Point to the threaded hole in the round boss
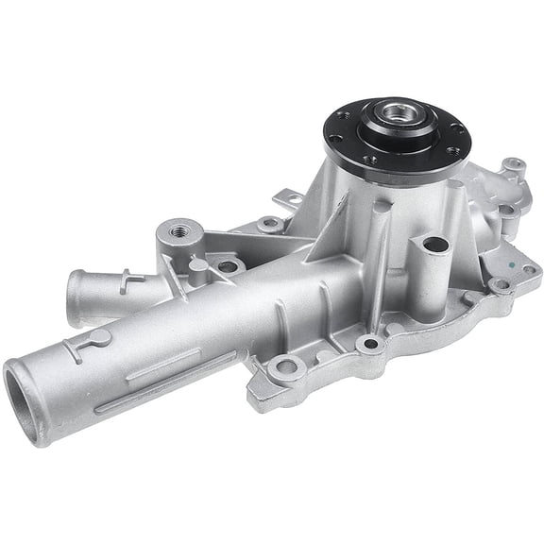pyautogui.click(x=178, y=229)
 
